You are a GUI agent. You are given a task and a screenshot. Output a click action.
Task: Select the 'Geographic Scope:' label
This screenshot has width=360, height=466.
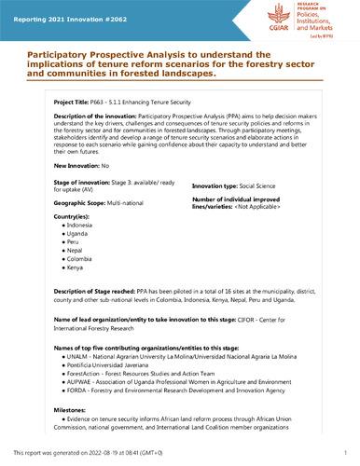(x=86, y=199)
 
